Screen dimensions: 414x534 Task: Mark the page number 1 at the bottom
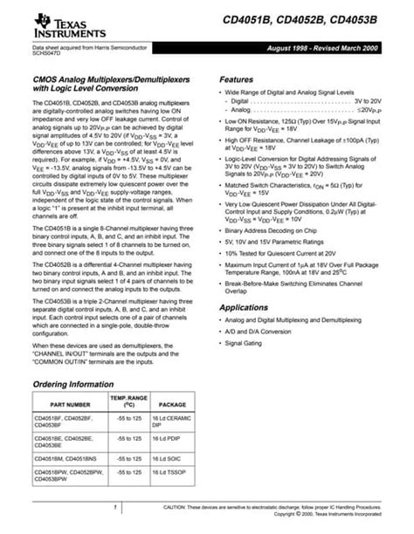[x=115, y=507]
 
